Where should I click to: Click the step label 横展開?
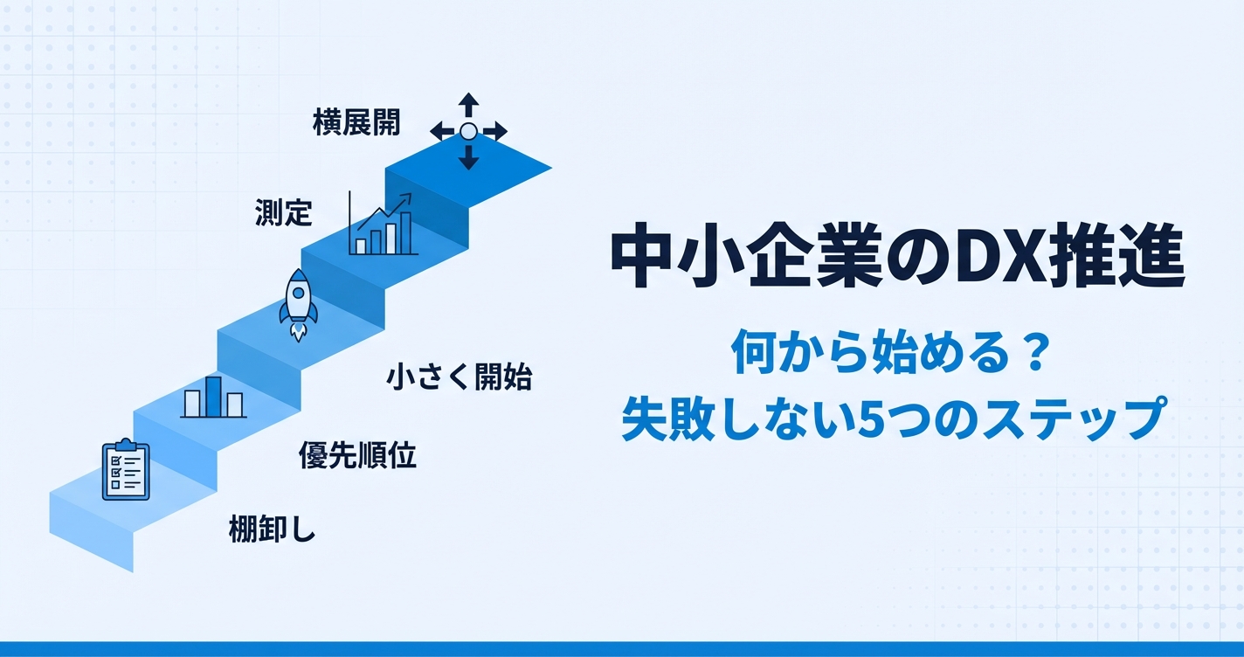coord(356,123)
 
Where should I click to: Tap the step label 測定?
coord(283,211)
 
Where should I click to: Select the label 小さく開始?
coord(459,377)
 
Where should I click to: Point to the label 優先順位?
coord(357,454)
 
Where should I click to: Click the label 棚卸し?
coord(271,529)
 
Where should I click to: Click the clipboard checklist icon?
coord(126,471)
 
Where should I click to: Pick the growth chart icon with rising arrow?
coord(383,225)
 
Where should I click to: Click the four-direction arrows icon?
coord(468,131)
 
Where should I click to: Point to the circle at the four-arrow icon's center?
coord(468,131)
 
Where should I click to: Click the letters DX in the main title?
coord(988,259)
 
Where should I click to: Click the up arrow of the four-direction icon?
coord(468,104)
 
